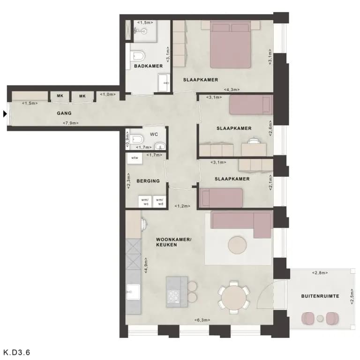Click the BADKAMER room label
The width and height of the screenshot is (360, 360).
(148, 66)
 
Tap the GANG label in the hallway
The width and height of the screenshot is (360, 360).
(64, 113)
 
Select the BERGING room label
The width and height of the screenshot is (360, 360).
(148, 181)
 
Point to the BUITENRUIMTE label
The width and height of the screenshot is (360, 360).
(320, 296)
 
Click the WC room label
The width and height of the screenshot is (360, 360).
(154, 135)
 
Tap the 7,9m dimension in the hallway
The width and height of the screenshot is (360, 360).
(71, 123)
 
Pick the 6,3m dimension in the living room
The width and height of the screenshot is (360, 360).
(202, 320)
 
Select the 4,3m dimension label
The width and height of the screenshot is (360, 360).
(232, 90)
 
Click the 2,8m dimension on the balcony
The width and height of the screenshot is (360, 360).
(320, 273)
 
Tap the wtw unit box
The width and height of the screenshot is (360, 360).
(135, 158)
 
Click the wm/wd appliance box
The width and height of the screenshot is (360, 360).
(159, 202)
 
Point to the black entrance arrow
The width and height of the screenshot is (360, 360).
(5, 113)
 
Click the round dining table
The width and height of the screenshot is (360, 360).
(234, 298)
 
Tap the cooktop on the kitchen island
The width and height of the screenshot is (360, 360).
(174, 296)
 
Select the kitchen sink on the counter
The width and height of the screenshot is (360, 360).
(133, 292)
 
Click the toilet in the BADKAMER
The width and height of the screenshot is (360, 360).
(137, 56)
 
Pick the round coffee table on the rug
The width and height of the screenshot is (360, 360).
(237, 245)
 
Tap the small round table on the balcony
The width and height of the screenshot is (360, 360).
(320, 318)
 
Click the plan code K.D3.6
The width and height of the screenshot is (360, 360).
(17, 352)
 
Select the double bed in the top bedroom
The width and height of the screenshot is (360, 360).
(230, 45)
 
